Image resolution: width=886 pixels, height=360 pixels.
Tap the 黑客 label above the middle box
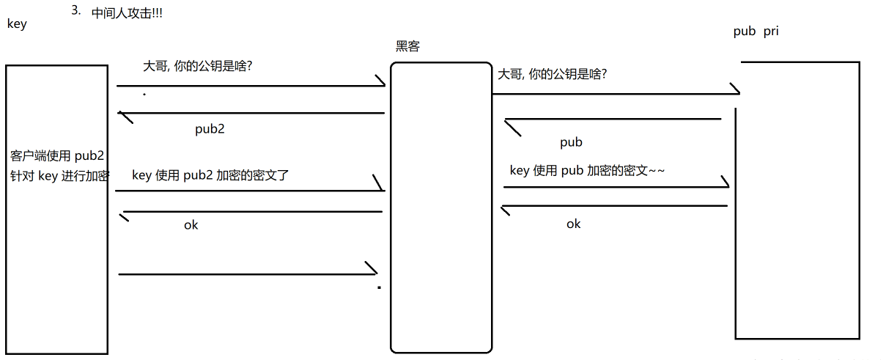point(407,47)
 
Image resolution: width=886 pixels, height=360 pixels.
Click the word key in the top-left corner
point(16,23)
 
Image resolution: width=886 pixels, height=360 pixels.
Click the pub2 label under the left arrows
point(210,130)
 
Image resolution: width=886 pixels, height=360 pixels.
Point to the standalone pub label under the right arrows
point(571,142)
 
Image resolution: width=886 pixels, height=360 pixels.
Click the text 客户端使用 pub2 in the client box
point(58,156)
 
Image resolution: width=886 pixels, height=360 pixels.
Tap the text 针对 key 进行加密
point(59,175)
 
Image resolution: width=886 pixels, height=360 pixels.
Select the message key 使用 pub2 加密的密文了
point(215,175)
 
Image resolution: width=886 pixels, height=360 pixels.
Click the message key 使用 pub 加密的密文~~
point(587,170)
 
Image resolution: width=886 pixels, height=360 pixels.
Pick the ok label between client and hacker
point(191,224)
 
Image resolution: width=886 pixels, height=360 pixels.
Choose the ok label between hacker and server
point(573,224)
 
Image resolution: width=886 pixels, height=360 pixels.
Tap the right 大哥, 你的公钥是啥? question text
point(553,74)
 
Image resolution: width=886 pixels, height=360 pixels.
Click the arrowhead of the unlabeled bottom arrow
point(372,269)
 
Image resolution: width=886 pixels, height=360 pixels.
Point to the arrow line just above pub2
point(253,113)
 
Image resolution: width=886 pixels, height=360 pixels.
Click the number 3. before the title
point(76,10)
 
